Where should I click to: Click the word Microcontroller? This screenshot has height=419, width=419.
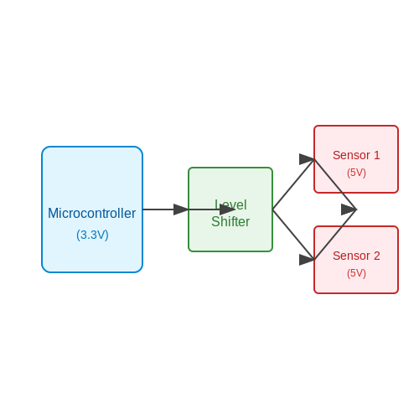pyautogui.click(x=92, y=213)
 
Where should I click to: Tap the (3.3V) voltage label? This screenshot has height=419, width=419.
pyautogui.click(x=92, y=235)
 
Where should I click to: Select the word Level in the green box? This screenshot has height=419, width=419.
pyautogui.click(x=230, y=204)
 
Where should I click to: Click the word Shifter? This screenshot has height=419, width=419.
pyautogui.click(x=230, y=221)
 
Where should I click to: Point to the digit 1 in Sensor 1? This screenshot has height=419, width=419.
pyautogui.click(x=377, y=155)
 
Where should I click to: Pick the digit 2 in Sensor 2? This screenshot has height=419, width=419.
pyautogui.click(x=377, y=256)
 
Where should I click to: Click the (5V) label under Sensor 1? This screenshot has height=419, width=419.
pyautogui.click(x=356, y=173)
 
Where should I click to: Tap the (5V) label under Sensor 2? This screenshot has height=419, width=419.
pyautogui.click(x=356, y=273)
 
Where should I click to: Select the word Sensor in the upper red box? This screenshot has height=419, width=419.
pyautogui.click(x=351, y=155)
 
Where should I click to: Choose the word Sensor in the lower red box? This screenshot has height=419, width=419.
pyautogui.click(x=351, y=256)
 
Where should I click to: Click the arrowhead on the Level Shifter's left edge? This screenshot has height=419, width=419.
pyautogui.click(x=181, y=209)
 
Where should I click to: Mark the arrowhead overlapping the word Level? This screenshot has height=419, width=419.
pyautogui.click(x=227, y=209)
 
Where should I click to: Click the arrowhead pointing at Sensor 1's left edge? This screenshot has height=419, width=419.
pyautogui.click(x=307, y=159)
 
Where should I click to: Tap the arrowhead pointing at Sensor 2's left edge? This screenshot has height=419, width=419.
pyautogui.click(x=307, y=260)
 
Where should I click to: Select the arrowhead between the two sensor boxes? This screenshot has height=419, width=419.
pyautogui.click(x=349, y=209)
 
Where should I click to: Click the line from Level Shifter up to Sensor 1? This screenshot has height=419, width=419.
pyautogui.click(x=293, y=184)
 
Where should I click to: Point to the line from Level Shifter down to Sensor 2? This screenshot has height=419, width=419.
pyautogui.click(x=293, y=235)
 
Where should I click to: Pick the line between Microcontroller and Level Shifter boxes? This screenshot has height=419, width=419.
pyautogui.click(x=166, y=209)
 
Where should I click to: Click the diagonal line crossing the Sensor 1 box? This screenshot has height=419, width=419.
pyautogui.click(x=335, y=184)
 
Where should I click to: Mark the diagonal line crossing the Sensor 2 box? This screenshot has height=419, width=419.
pyautogui.click(x=335, y=235)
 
